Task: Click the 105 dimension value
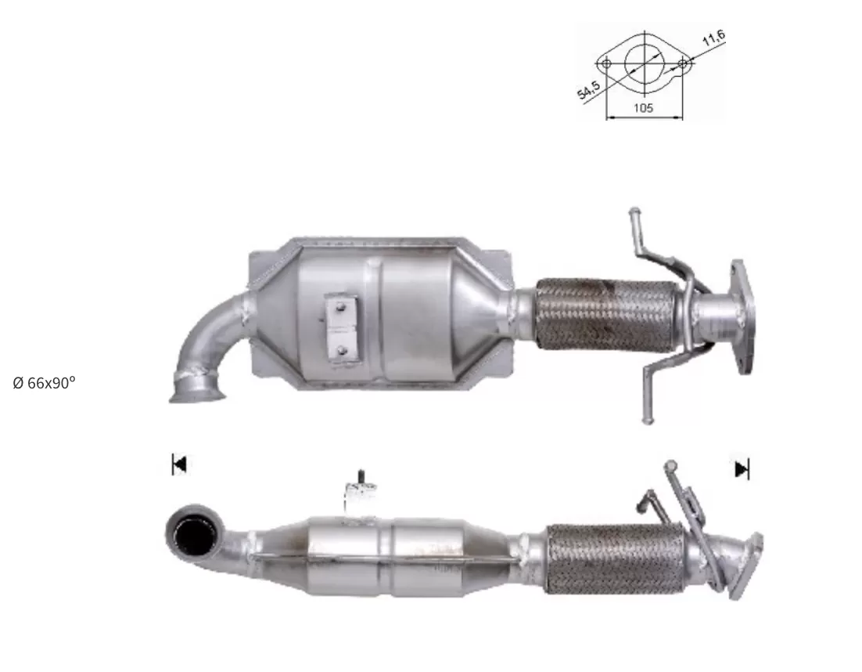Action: click(x=643, y=108)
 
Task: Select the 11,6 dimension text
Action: click(x=713, y=38)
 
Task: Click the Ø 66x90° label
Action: click(x=44, y=383)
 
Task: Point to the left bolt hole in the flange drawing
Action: click(x=605, y=63)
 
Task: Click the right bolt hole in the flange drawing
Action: click(x=682, y=63)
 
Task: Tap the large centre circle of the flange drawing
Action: click(x=645, y=63)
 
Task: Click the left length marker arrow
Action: click(x=179, y=464)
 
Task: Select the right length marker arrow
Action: click(x=742, y=469)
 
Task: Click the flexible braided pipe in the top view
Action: click(x=605, y=314)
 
